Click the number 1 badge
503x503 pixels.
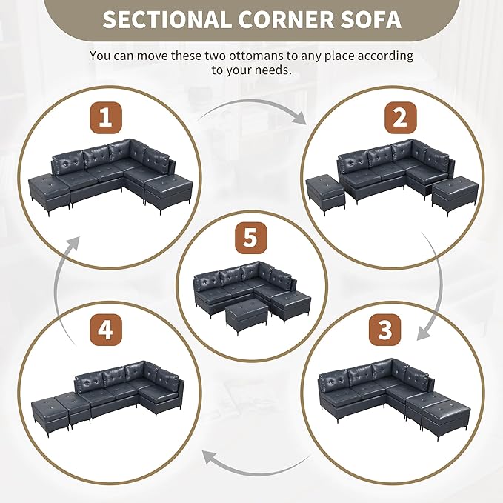click(105, 118)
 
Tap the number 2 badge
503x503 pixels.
click(400, 118)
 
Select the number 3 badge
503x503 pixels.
click(384, 330)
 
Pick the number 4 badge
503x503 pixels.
click(105, 330)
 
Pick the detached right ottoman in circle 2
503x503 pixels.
click(455, 196)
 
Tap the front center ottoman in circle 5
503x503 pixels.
click(247, 316)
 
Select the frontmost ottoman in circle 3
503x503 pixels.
click(446, 416)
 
